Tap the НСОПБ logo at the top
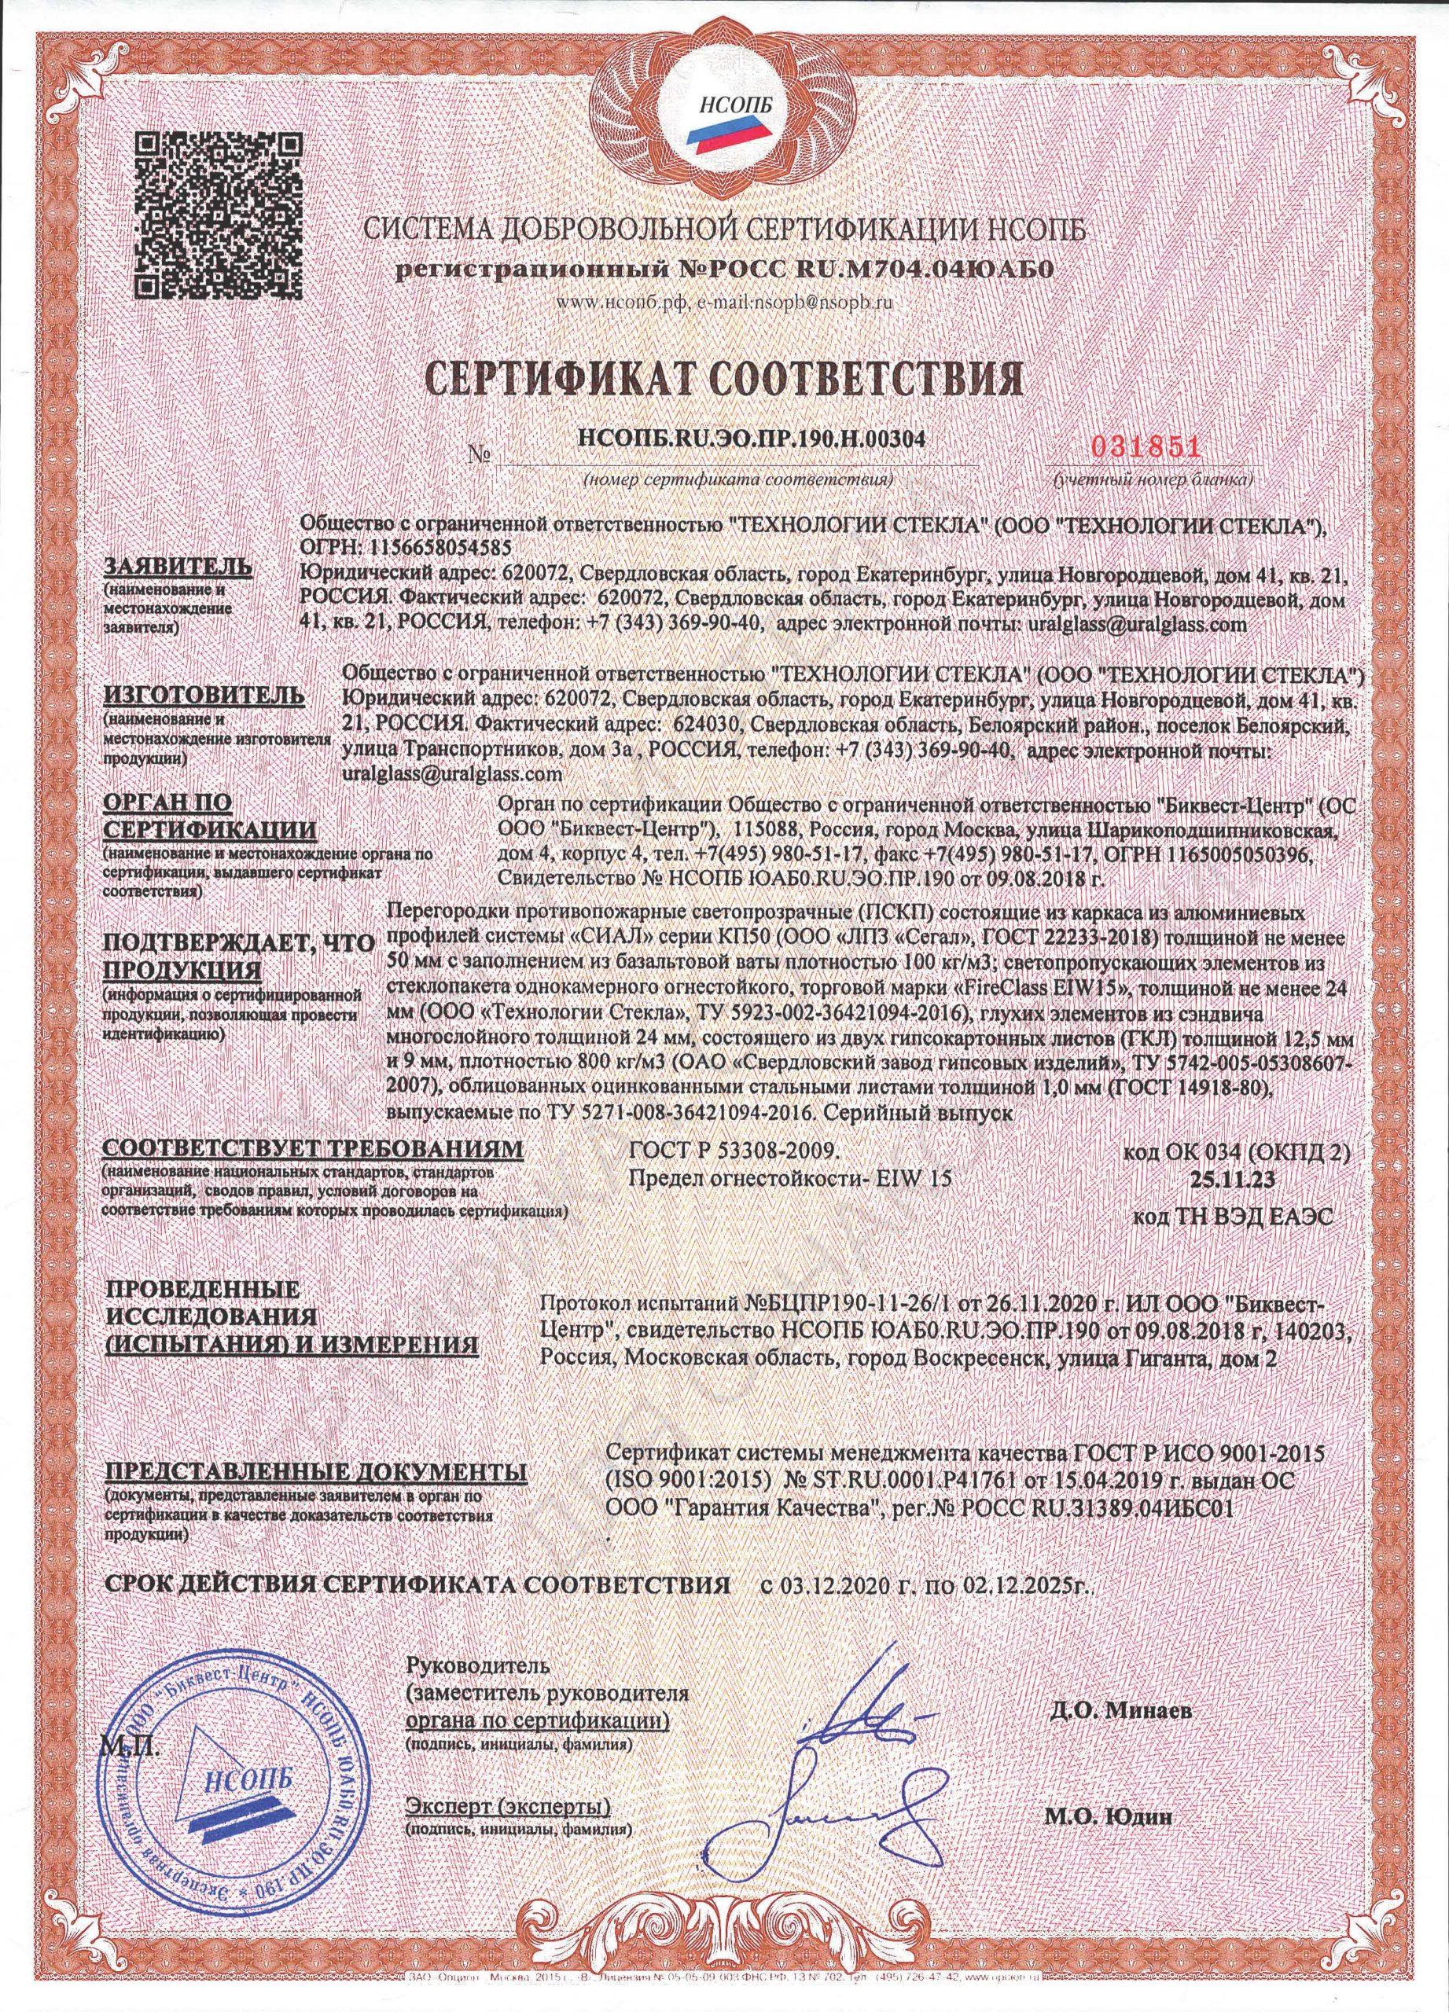pos(723,116)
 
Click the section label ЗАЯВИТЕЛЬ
pos(178,567)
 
